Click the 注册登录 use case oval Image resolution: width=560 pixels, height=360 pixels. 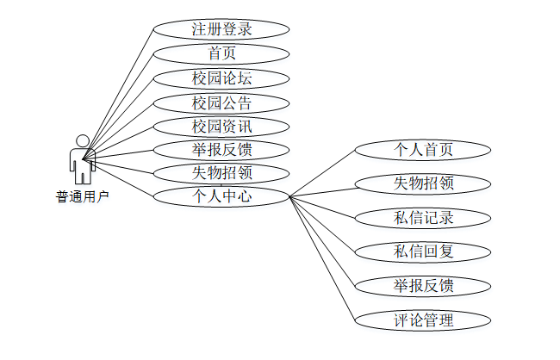click(x=221, y=29)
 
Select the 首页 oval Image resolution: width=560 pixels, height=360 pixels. click(x=221, y=53)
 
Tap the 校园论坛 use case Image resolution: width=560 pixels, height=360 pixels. click(x=221, y=78)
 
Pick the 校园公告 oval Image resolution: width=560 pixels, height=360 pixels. click(x=221, y=102)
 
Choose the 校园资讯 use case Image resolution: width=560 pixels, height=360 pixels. click(x=221, y=126)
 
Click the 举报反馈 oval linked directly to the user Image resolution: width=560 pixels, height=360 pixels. click(x=221, y=149)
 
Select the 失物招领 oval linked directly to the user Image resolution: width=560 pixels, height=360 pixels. click(x=221, y=172)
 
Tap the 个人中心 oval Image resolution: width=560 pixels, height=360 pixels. click(x=221, y=196)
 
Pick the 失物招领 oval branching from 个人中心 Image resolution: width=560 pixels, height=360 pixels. click(x=423, y=183)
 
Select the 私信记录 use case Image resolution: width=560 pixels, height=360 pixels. click(x=423, y=217)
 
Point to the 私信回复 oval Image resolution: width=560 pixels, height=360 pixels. click(x=423, y=251)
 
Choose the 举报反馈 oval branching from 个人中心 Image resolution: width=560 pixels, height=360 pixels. click(x=423, y=285)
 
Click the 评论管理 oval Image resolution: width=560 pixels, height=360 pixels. click(x=423, y=320)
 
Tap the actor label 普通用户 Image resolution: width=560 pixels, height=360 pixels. click(x=83, y=197)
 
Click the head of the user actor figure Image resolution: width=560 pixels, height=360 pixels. click(x=83, y=140)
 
